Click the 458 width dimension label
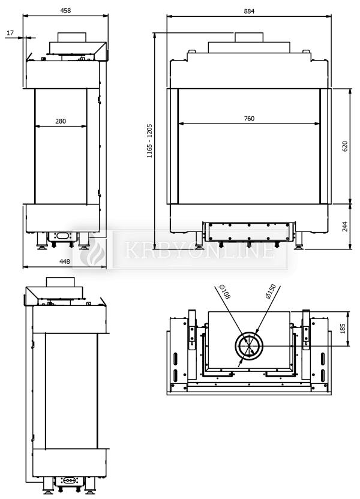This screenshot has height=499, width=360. tap(65, 11)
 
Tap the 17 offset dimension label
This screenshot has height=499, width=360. tap(10, 33)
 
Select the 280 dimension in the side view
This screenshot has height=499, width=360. tap(61, 121)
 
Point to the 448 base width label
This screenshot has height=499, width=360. tap(65, 261)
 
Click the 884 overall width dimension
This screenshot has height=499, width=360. tap(249, 11)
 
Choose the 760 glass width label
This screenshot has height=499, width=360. tap(249, 118)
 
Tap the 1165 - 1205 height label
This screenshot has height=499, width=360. tap(149, 141)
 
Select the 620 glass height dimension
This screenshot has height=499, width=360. tap(345, 146)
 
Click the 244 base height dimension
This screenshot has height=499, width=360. tap(345, 226)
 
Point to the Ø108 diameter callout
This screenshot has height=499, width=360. tap(225, 291)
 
